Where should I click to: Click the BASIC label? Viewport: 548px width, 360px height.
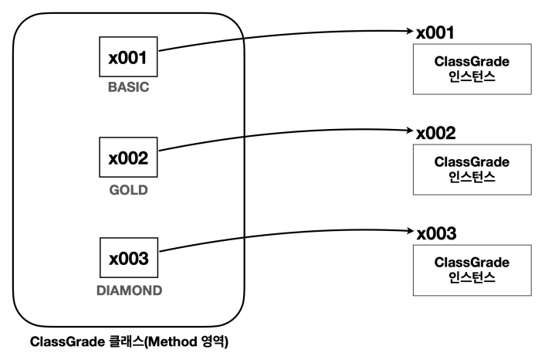point(129,87)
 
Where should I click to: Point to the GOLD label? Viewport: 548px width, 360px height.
point(129,190)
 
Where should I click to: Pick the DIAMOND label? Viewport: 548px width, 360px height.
point(130,290)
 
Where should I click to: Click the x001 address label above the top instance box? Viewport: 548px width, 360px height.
point(435,32)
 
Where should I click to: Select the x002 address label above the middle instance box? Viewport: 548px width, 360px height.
point(436,133)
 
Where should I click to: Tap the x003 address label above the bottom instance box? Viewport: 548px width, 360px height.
point(437,233)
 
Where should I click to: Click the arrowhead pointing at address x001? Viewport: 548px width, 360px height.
point(411,31)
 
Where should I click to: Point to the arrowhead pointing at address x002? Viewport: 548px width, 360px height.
point(411,131)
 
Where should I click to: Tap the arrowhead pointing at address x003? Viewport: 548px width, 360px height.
point(411,230)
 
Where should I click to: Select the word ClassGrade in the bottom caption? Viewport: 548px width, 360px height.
point(67,341)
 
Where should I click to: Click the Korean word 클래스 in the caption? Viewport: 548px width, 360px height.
point(127,341)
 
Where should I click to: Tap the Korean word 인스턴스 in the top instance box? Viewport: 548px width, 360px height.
point(472,76)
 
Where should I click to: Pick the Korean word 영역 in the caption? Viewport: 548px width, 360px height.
point(212,341)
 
